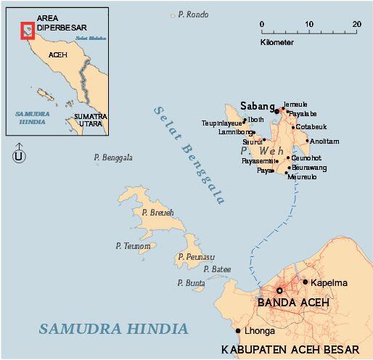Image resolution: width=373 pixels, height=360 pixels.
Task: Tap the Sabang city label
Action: click(256, 107)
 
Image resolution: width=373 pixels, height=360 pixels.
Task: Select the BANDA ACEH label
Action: click(294, 302)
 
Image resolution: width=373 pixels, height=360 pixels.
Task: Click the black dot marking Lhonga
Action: click(238, 331)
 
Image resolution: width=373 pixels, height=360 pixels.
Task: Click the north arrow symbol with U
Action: click(19, 155)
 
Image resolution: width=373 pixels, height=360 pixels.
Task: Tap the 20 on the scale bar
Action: click(356, 24)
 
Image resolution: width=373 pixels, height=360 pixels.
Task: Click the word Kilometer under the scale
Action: click(277, 43)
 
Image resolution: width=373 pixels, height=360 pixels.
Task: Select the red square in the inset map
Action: click(28, 30)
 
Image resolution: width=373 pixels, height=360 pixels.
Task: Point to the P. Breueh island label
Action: click(157, 213)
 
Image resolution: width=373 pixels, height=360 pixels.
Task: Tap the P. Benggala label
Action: click(113, 157)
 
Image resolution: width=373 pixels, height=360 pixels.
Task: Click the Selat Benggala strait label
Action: click(189, 153)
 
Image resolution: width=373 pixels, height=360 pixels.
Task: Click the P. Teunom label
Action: click(133, 246)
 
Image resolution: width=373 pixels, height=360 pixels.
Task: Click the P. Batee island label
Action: click(217, 269)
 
